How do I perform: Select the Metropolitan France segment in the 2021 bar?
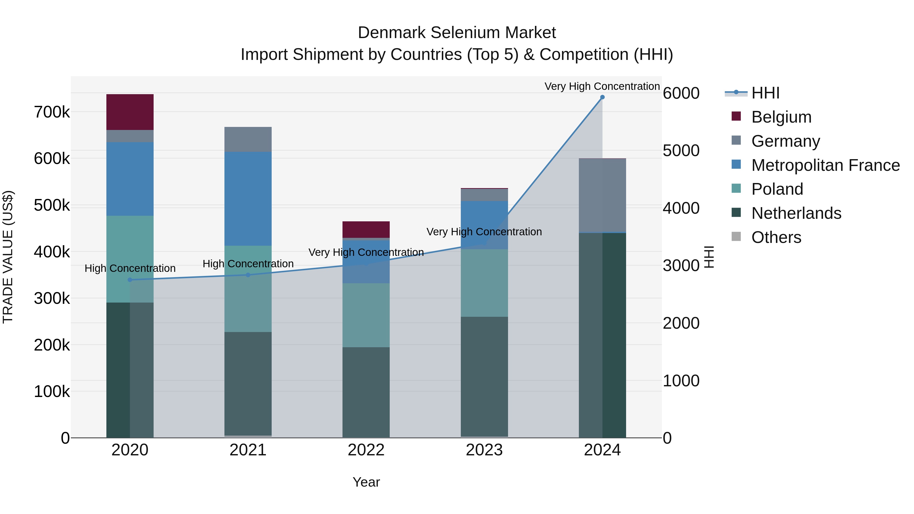coord(248,199)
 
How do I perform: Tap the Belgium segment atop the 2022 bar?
coord(366,229)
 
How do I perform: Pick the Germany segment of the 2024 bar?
coord(602,195)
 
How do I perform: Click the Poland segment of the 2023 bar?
coord(484,283)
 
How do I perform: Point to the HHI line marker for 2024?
coord(602,97)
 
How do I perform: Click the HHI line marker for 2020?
coord(130,280)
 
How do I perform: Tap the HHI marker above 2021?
coord(248,275)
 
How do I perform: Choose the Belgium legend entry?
coord(781,117)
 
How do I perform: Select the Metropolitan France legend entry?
coord(825,165)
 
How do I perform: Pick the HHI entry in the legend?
coord(765,93)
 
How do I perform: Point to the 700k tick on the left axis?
coord(52,112)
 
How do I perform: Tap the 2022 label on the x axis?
coord(366,450)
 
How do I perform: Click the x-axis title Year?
coord(366,482)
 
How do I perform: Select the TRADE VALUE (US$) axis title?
coord(8,257)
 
